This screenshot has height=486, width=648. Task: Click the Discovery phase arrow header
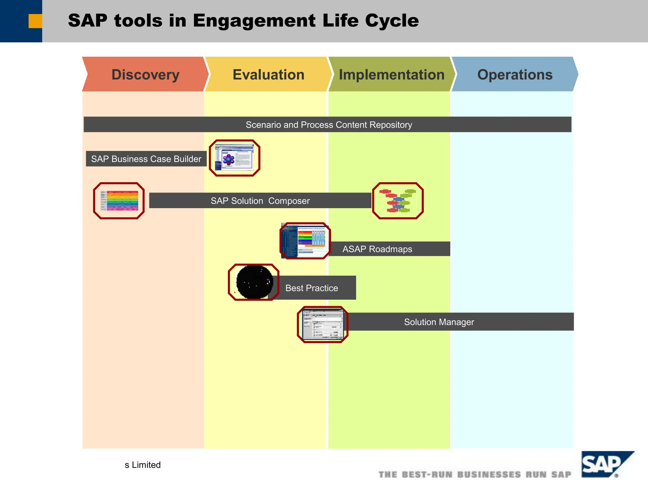click(x=145, y=75)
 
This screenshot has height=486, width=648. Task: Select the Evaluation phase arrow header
click(x=268, y=75)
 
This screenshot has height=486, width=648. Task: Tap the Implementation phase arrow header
click(x=391, y=75)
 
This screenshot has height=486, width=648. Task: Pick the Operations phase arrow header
click(x=514, y=75)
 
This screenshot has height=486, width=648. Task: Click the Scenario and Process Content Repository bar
click(x=328, y=125)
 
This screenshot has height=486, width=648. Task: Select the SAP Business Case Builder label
click(x=146, y=159)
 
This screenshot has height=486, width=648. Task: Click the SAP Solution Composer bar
click(x=260, y=201)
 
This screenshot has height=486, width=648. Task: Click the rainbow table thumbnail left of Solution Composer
click(x=119, y=201)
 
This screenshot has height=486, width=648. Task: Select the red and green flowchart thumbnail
click(x=398, y=201)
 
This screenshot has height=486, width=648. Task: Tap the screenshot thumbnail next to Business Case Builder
click(x=234, y=158)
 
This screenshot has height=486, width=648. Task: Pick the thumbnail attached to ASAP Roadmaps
click(x=305, y=241)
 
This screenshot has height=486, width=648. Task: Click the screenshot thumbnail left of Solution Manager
click(x=322, y=324)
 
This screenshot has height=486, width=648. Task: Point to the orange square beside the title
click(x=35, y=21)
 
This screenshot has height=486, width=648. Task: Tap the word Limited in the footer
click(x=146, y=465)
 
